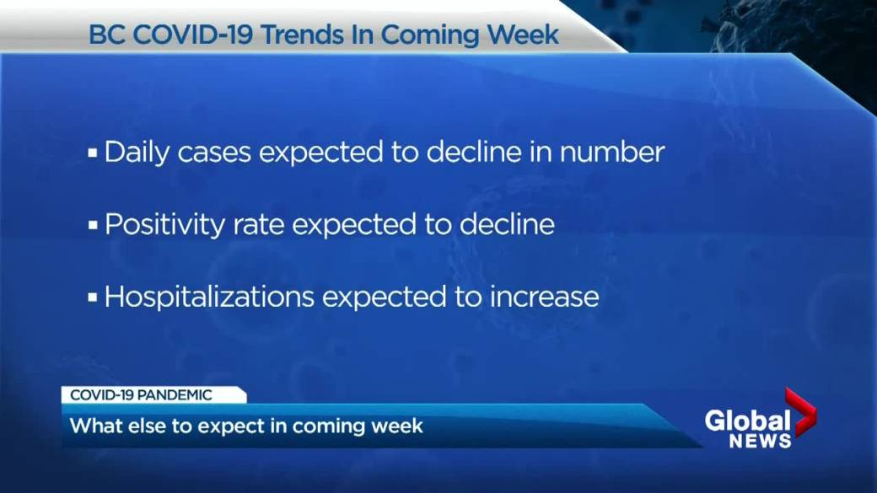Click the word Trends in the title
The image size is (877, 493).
coord(301,35)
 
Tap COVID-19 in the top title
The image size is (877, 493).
coord(193,35)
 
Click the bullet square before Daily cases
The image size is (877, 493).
coord(92,153)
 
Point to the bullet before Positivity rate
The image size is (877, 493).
coord(92,225)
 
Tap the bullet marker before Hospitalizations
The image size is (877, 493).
coord(92,297)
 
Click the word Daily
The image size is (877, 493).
coord(137,153)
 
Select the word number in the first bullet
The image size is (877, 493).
coord(612,152)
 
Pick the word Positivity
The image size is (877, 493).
coord(164,225)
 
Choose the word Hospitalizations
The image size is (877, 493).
coord(209,297)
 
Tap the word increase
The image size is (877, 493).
coord(544,297)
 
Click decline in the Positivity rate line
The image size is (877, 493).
coord(508,224)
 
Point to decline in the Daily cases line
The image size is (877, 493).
coord(474,152)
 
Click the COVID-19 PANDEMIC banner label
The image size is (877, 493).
coord(141,395)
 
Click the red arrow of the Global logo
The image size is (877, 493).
coord(801,411)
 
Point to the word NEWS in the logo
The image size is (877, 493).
coord(760,441)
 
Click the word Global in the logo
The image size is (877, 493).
coord(747,421)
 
